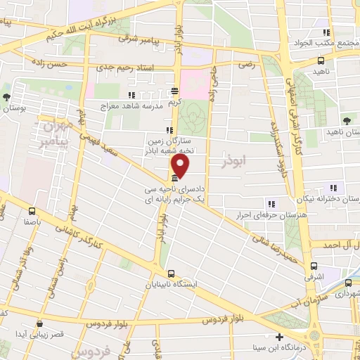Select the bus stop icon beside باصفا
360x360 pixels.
tap(32, 210)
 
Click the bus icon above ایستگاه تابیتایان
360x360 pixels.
tap(170, 274)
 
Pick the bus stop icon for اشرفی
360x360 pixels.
tap(314, 266)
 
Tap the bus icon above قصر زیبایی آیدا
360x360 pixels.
tap(39, 324)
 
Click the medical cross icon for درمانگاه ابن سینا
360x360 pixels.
tap(280, 337)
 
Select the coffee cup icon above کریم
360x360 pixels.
tap(174, 91)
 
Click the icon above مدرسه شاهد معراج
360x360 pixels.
tap(130, 94)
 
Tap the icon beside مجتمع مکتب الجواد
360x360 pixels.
tap(326, 32)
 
